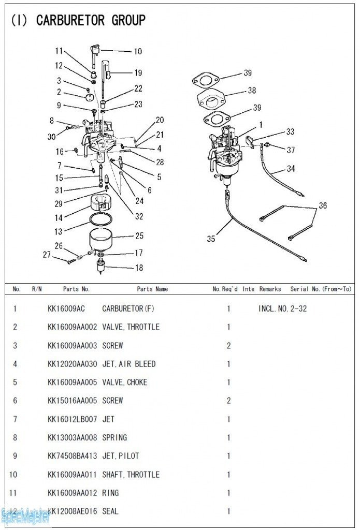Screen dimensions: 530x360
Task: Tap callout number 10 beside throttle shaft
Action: point(138,51)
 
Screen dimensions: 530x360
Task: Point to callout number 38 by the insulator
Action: point(252,90)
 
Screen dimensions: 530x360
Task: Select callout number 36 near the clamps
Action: point(323,205)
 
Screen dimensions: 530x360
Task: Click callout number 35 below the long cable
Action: point(211,239)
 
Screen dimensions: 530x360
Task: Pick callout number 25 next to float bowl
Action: point(139,235)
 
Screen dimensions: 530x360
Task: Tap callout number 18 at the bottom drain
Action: point(139,268)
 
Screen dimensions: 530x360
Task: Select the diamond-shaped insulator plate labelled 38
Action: point(213,99)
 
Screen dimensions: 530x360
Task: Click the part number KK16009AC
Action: point(66,308)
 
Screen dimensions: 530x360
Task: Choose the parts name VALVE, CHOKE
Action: point(124,382)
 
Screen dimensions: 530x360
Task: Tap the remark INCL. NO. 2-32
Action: point(282,308)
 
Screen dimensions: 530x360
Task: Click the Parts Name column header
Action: point(152,289)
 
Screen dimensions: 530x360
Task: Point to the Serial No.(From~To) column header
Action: point(321,289)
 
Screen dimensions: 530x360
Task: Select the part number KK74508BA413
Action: point(72,456)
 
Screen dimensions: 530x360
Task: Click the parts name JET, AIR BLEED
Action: point(128,364)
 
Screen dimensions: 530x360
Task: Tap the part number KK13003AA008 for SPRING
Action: point(72,437)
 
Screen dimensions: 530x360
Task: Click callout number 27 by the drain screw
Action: point(47,254)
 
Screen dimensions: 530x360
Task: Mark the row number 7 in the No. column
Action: point(15,419)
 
